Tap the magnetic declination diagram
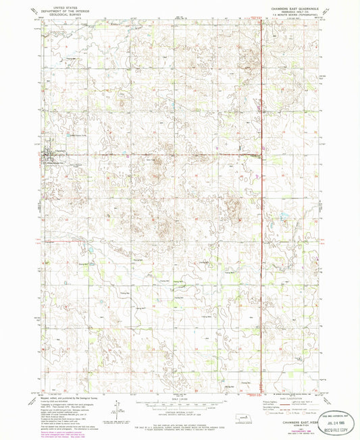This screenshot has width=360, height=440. pyautogui.click(x=128, y=405)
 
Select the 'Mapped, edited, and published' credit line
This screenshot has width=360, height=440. pyautogui.click(x=74, y=399)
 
